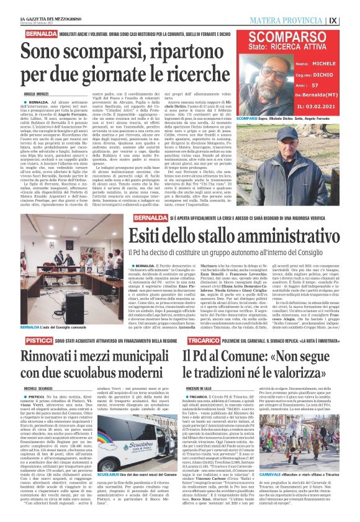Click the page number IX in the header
click(350, 20)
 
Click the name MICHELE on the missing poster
click(322, 64)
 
